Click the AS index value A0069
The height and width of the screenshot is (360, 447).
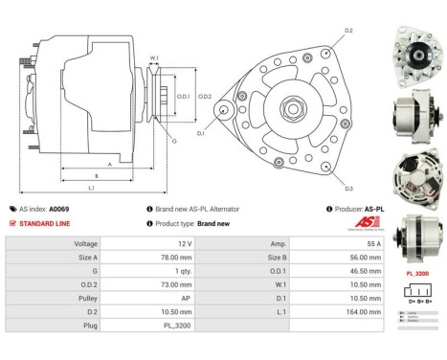coord(59,209)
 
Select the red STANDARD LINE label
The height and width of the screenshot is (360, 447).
coord(45,223)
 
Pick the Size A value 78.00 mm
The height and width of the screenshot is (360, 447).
coord(178,259)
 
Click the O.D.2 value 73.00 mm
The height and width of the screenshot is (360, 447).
coord(178,284)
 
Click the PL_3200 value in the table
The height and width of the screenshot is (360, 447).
coord(178,325)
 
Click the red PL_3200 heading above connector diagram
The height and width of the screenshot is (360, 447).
coord(418,272)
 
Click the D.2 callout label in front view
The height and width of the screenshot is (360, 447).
coord(347,32)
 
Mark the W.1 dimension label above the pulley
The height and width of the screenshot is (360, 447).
coord(153,59)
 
